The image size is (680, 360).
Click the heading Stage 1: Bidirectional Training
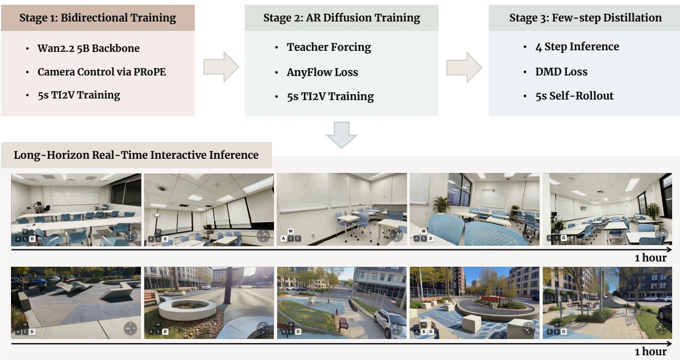tap(97, 18)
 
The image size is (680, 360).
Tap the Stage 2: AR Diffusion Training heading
tap(342, 18)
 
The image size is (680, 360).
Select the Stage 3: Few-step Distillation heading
tap(585, 18)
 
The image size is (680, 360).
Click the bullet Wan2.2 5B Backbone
tap(89, 48)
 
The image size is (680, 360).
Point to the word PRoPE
tap(150, 72)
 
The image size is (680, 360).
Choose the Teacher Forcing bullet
tap(329, 47)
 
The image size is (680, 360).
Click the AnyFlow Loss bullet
tap(322, 72)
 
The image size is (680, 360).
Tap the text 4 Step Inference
tap(577, 47)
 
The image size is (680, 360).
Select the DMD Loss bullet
tap(561, 72)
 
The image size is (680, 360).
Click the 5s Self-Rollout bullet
tap(574, 96)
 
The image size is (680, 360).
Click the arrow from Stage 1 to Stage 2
tap(221, 67)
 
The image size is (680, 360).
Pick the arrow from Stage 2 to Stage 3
tap(464, 68)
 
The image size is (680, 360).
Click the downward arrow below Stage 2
tap(342, 135)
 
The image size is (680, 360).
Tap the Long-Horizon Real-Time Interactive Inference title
tap(136, 155)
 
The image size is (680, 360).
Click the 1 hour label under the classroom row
tap(651, 258)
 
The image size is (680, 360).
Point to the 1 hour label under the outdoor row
tap(651, 352)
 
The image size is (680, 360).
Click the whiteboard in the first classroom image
tap(75, 199)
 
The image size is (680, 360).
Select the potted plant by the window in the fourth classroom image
tap(442, 204)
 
